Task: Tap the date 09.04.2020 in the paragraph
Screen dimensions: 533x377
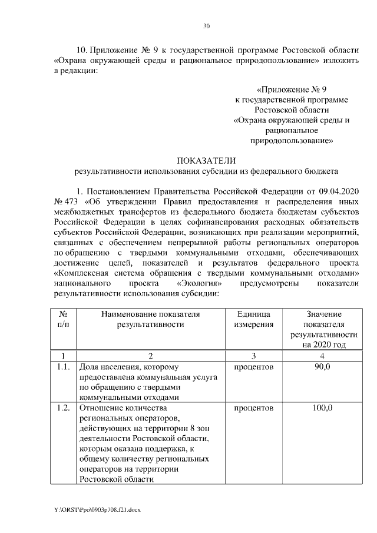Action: (338, 192)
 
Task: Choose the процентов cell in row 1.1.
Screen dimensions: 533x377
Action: (253, 367)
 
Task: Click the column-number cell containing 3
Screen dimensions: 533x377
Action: (253, 356)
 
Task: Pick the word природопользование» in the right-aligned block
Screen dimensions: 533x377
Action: (293, 141)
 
